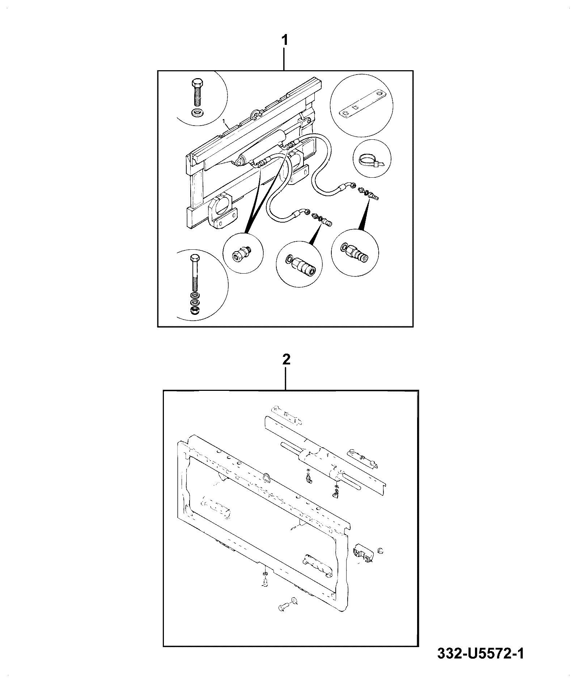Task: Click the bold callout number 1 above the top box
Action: click(x=285, y=40)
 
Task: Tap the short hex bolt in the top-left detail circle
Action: click(x=197, y=92)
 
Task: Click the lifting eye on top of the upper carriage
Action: click(x=256, y=114)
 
